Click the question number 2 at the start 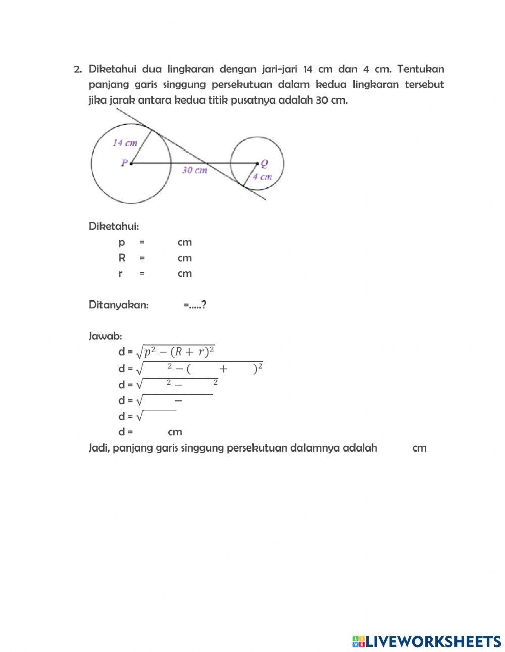(x=77, y=69)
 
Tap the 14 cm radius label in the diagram (x=125, y=143)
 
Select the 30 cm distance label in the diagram (x=194, y=170)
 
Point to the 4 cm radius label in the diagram (x=262, y=177)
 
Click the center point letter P (x=124, y=163)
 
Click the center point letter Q (x=264, y=163)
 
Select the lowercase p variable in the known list (x=121, y=242)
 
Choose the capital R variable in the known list (x=122, y=258)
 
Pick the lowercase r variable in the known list (x=120, y=273)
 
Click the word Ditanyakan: (x=119, y=305)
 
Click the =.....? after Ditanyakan (x=195, y=305)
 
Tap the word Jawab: (x=105, y=336)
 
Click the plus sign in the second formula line (x=223, y=369)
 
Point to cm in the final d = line (x=175, y=432)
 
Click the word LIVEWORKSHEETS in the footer (x=433, y=641)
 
